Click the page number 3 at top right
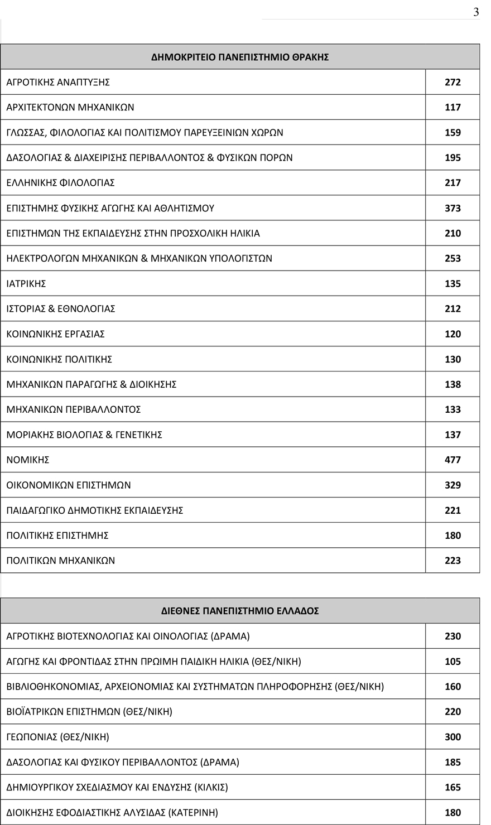click(x=475, y=12)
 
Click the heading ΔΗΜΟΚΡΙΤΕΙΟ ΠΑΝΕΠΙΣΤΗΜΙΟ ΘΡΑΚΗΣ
click(x=240, y=57)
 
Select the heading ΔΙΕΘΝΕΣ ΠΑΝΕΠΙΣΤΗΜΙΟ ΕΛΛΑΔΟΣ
click(x=240, y=611)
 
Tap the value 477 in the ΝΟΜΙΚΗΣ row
click(x=453, y=460)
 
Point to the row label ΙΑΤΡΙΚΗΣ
click(x=26, y=284)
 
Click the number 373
click(x=453, y=208)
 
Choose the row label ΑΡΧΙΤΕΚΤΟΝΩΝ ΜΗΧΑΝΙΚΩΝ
click(x=70, y=107)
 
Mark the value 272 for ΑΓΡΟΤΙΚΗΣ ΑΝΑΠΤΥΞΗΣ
click(x=453, y=82)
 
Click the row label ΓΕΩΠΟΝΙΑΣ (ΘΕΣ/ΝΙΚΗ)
click(x=58, y=737)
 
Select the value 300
click(x=453, y=737)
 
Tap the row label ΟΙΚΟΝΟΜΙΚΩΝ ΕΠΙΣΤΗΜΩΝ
click(x=69, y=485)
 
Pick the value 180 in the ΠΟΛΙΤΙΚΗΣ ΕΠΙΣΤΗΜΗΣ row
click(x=453, y=535)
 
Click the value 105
click(x=453, y=662)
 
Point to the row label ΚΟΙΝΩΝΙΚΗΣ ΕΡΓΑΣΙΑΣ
click(x=56, y=334)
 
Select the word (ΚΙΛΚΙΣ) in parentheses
click(x=211, y=788)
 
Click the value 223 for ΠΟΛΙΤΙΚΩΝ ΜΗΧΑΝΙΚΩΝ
click(x=453, y=561)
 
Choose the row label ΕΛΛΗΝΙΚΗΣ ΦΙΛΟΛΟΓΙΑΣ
click(x=60, y=183)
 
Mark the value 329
click(x=453, y=485)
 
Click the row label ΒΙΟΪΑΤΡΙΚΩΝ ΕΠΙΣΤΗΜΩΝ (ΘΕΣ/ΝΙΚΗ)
click(x=89, y=712)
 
